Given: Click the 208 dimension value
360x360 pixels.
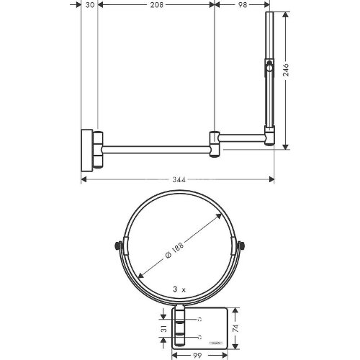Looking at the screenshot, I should point(156,5).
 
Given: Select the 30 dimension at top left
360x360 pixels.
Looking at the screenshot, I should point(87,5).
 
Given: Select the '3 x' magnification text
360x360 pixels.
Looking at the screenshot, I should point(179,288).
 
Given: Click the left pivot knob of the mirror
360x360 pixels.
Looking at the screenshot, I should point(118,246).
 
